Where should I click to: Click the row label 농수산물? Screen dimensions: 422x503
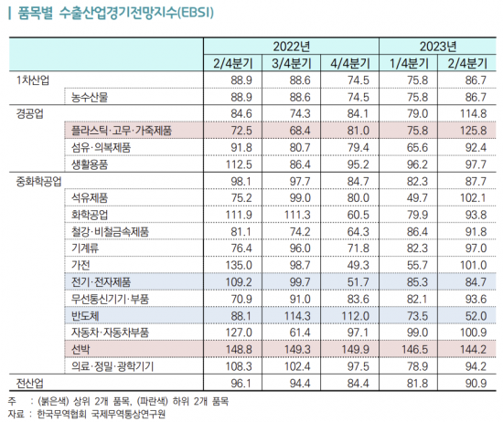91,97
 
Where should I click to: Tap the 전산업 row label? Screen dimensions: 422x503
33,383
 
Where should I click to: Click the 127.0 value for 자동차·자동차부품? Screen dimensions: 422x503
235,332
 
